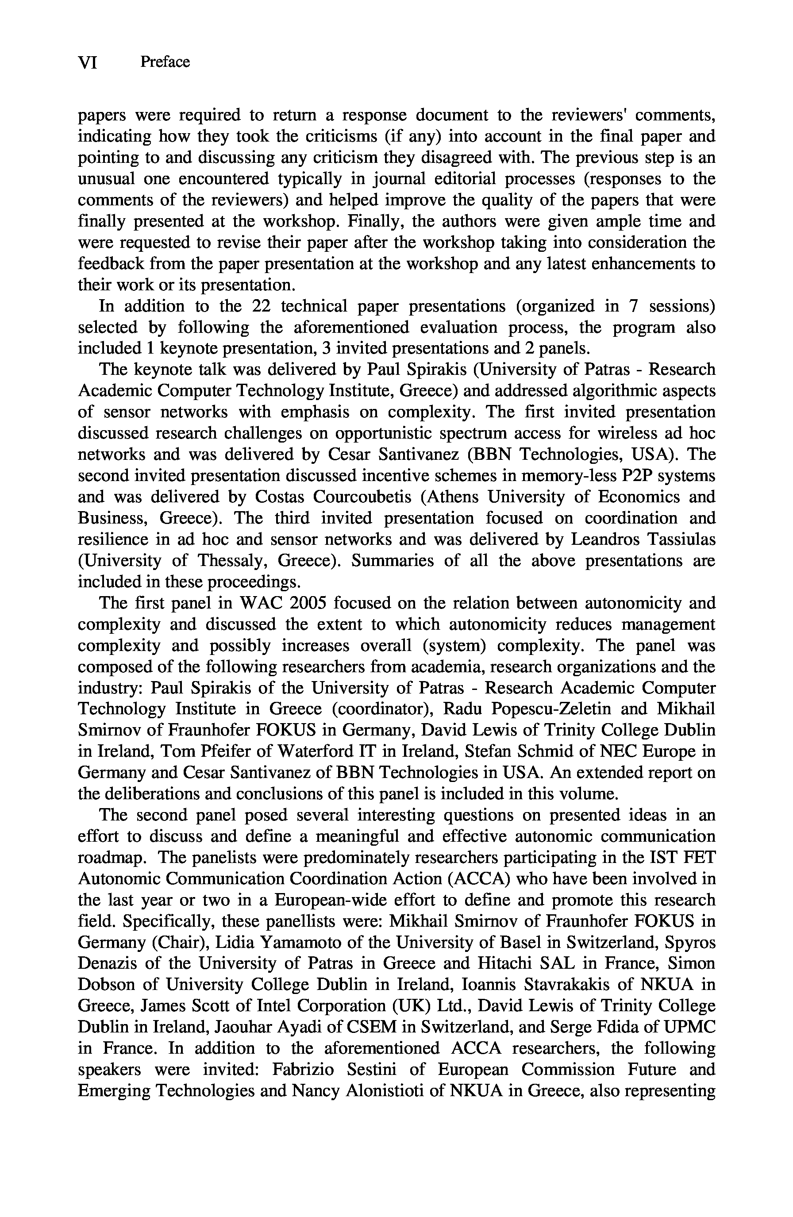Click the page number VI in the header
(x=88, y=62)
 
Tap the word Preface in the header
(x=165, y=62)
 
